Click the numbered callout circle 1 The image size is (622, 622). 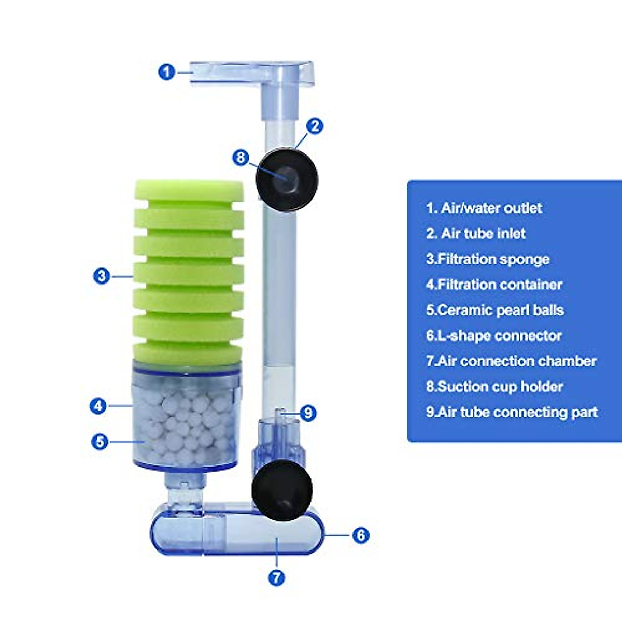tap(166, 72)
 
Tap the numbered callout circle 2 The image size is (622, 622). tap(314, 126)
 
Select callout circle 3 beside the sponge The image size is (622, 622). tap(102, 275)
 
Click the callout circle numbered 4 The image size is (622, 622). tap(98, 405)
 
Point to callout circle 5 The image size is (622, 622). tap(100, 442)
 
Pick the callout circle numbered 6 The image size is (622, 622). tap(361, 535)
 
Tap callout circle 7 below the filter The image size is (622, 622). tap(277, 577)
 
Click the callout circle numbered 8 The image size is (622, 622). tap(241, 158)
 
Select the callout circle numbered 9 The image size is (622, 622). tap(308, 413)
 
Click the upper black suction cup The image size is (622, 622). tap(287, 180)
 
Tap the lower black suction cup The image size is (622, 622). tap(282, 490)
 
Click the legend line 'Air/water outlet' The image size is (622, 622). tap(484, 208)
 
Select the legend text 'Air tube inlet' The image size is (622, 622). tap(475, 234)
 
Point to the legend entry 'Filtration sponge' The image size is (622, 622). tap(487, 259)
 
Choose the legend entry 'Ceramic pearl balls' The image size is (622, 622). tap(494, 310)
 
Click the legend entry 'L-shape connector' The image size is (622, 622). tap(493, 335)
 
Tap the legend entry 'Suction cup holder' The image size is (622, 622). tap(494, 387)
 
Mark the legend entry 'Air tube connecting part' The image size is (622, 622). tap(512, 412)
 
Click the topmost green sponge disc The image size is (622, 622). tap(189, 190)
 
